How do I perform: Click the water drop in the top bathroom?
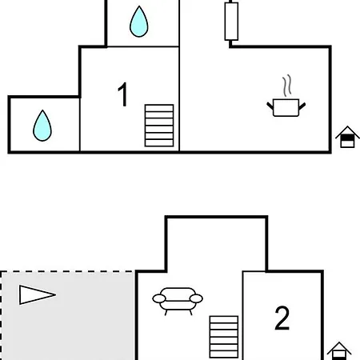pyautogui.click(x=138, y=22)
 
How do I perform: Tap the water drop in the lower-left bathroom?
pyautogui.click(x=42, y=126)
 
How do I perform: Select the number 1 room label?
pyautogui.click(x=122, y=94)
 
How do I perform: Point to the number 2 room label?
pyautogui.click(x=282, y=318)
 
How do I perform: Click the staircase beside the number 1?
pyautogui.click(x=159, y=126)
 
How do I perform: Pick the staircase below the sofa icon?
pyautogui.click(x=224, y=337)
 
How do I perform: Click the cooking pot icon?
pyautogui.click(x=286, y=106)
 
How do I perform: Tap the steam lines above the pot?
pyautogui.click(x=287, y=86)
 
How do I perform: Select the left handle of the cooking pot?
pyautogui.click(x=270, y=106)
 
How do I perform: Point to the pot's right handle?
pyautogui.click(x=302, y=106)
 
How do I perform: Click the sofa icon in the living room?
pyautogui.click(x=178, y=301)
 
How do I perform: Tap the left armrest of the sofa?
pyautogui.click(x=159, y=298)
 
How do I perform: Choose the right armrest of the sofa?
pyautogui.click(x=196, y=298)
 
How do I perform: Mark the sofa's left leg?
pyautogui.click(x=166, y=313)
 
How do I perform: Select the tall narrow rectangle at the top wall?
pyautogui.click(x=231, y=22)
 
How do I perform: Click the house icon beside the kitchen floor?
pyautogui.click(x=347, y=137)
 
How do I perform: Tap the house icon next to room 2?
pyautogui.click(x=339, y=350)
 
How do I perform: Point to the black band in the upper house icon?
pyautogui.click(x=347, y=138)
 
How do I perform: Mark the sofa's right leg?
pyautogui.click(x=190, y=313)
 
